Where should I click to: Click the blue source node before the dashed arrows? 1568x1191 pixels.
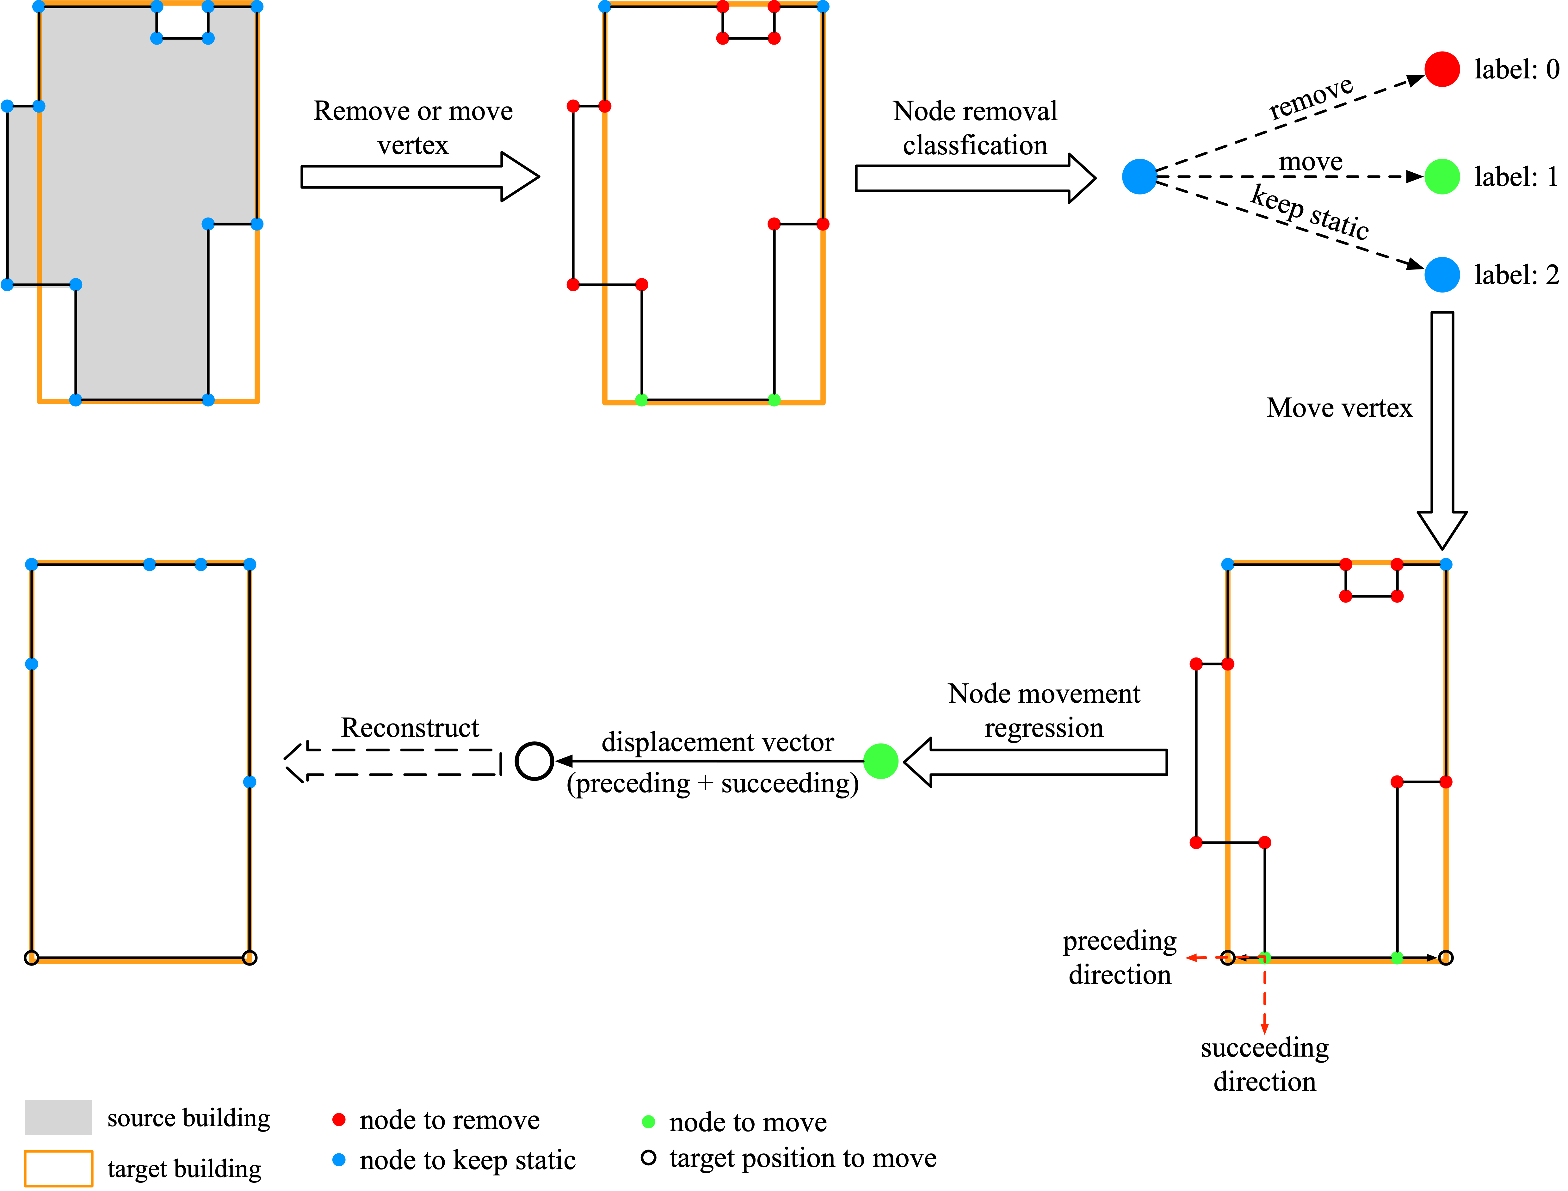1139,176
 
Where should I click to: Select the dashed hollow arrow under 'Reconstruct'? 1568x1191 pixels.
393,762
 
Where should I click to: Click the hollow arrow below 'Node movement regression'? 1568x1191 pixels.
1035,762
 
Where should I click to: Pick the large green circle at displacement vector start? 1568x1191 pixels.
880,762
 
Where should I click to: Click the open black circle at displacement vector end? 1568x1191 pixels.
534,762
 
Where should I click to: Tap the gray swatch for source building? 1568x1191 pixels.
58,1117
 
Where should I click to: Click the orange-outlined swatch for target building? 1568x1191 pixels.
58,1168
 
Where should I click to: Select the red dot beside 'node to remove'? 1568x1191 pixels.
339,1120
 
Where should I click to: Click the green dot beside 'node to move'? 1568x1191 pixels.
648,1121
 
